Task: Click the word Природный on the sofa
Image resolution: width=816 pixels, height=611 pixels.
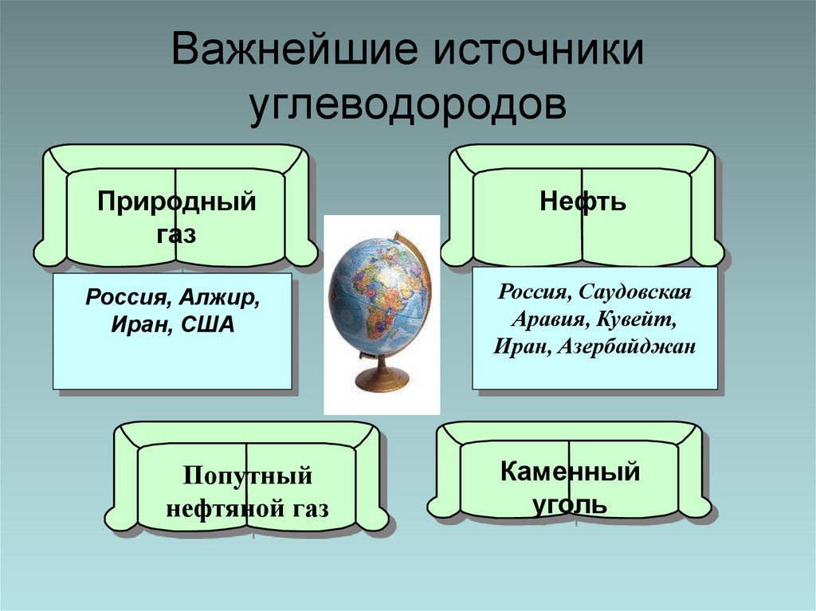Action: click(177, 202)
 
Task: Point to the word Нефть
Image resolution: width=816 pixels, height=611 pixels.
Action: click(583, 202)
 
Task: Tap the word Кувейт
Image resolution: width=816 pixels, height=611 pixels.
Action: click(641, 319)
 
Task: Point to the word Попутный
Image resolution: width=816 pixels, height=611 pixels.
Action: click(247, 477)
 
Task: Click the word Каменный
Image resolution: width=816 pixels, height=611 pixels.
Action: click(570, 472)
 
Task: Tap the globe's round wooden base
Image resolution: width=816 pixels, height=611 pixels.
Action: click(382, 381)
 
